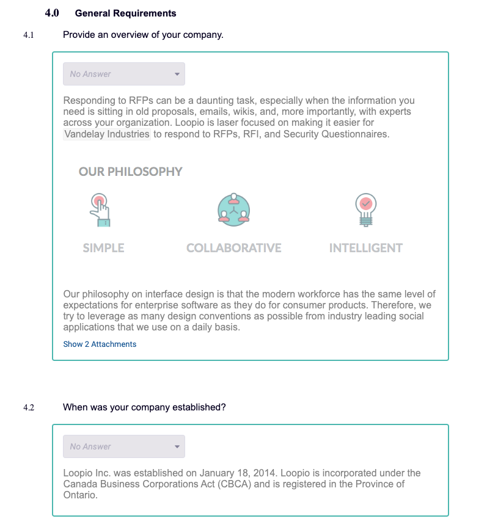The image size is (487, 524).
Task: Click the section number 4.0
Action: (52, 13)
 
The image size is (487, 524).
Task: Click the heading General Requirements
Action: (125, 13)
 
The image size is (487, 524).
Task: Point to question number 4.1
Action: (28, 35)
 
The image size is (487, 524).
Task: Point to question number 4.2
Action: (28, 407)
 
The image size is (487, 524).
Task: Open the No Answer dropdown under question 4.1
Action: (124, 74)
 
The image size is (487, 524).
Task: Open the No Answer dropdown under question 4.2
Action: (124, 446)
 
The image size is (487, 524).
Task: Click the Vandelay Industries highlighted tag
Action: (107, 134)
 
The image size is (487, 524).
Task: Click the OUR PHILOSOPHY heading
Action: (130, 172)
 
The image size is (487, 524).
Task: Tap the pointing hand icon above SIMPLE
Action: (100, 210)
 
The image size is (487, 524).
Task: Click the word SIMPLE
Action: (103, 248)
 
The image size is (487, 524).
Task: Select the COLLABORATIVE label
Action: (233, 248)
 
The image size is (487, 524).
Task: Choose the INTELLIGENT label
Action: (365, 248)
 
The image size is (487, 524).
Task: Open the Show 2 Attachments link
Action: (100, 344)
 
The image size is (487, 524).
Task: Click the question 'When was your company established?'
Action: (144, 407)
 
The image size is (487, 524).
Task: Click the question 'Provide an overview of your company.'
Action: (143, 35)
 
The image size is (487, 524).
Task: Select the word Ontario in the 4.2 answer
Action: (79, 495)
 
